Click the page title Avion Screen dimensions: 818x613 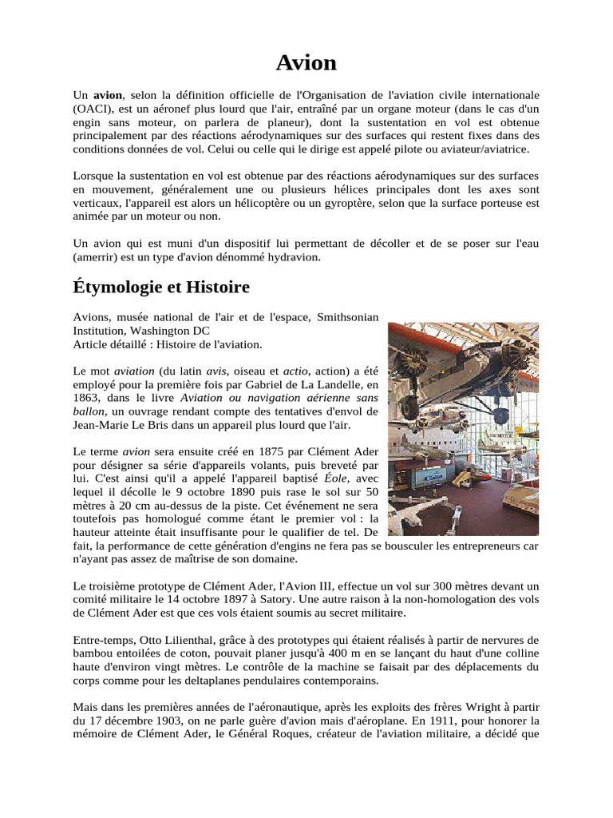306,62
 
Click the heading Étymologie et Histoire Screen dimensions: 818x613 161,287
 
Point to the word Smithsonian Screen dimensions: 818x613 348,317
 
